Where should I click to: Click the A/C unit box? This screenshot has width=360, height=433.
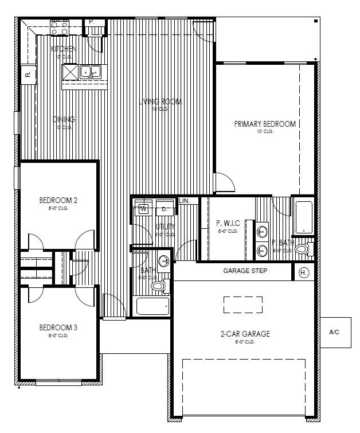(335, 332)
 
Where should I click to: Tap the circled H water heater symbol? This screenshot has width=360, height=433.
(304, 272)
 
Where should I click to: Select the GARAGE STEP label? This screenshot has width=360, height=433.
(245, 271)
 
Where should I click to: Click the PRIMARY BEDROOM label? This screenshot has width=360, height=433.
(265, 124)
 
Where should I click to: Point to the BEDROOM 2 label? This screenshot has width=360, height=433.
(58, 200)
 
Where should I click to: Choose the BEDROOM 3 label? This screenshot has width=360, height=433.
(58, 327)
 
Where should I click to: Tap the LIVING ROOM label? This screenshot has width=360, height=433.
(161, 102)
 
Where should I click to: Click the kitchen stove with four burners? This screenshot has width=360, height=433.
(60, 25)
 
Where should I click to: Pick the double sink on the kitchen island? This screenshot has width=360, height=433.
(90, 72)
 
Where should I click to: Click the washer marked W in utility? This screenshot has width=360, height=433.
(143, 209)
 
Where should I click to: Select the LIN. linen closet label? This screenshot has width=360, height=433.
(184, 201)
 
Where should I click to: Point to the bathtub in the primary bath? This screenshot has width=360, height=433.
(303, 217)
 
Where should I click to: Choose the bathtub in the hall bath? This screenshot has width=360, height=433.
(152, 306)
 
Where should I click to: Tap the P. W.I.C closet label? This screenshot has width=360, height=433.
(228, 223)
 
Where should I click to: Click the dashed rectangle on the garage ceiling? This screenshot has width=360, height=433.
(242, 305)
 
